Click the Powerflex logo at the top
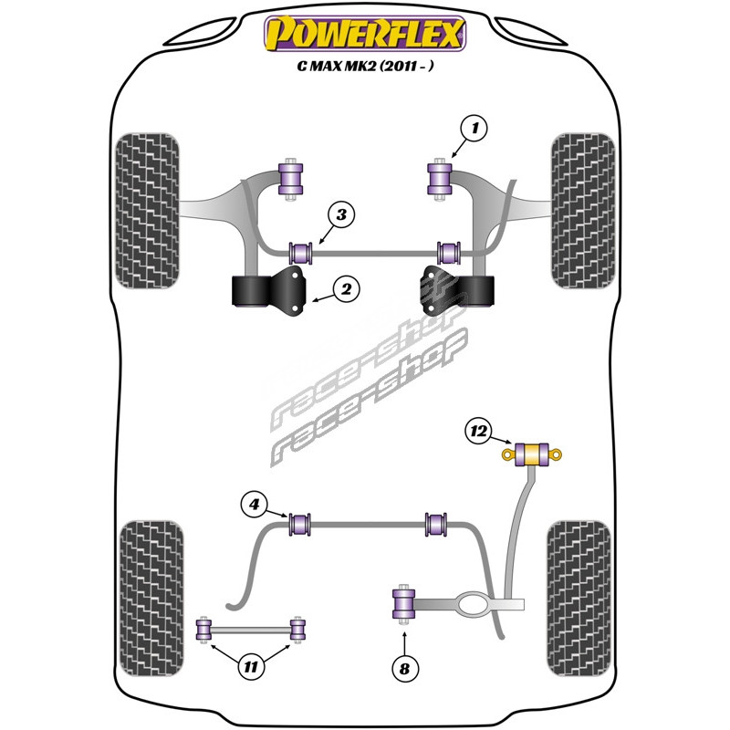(365, 36)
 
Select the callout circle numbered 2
(346, 290)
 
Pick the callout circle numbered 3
(340, 215)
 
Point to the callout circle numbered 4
(255, 503)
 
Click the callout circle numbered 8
(405, 669)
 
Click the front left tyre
(149, 209)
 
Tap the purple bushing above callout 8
(403, 603)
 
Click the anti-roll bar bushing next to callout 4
(299, 526)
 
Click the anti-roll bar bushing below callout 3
(300, 251)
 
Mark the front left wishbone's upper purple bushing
(291, 177)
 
